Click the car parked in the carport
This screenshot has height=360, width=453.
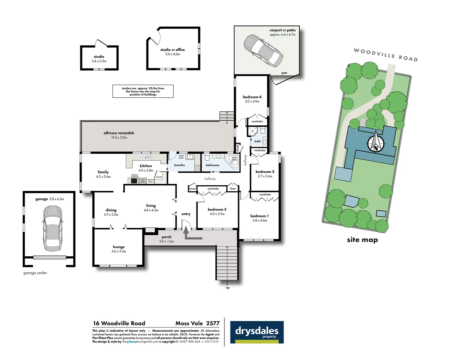click(x=263, y=50)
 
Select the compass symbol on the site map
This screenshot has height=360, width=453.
click(x=376, y=143)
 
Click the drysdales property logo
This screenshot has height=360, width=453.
click(x=257, y=332)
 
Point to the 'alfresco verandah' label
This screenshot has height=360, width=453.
click(x=119, y=133)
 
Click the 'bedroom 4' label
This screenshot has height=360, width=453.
click(x=252, y=97)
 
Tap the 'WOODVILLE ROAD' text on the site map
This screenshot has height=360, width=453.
click(x=385, y=55)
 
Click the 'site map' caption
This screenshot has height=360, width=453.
click(x=362, y=240)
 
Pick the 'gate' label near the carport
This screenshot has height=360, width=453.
click(x=284, y=73)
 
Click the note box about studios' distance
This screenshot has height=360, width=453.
click(x=143, y=91)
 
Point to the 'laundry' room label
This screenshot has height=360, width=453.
click(x=179, y=165)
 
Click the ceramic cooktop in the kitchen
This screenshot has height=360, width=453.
click(x=134, y=181)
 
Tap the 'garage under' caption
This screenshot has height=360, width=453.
click(x=35, y=273)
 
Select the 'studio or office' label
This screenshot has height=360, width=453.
click(x=172, y=50)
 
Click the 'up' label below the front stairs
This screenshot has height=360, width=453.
click(x=228, y=288)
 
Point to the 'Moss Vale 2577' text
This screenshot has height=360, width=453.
click(x=197, y=323)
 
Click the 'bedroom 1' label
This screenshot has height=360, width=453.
click(x=259, y=216)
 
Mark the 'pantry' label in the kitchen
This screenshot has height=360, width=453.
click(x=159, y=177)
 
